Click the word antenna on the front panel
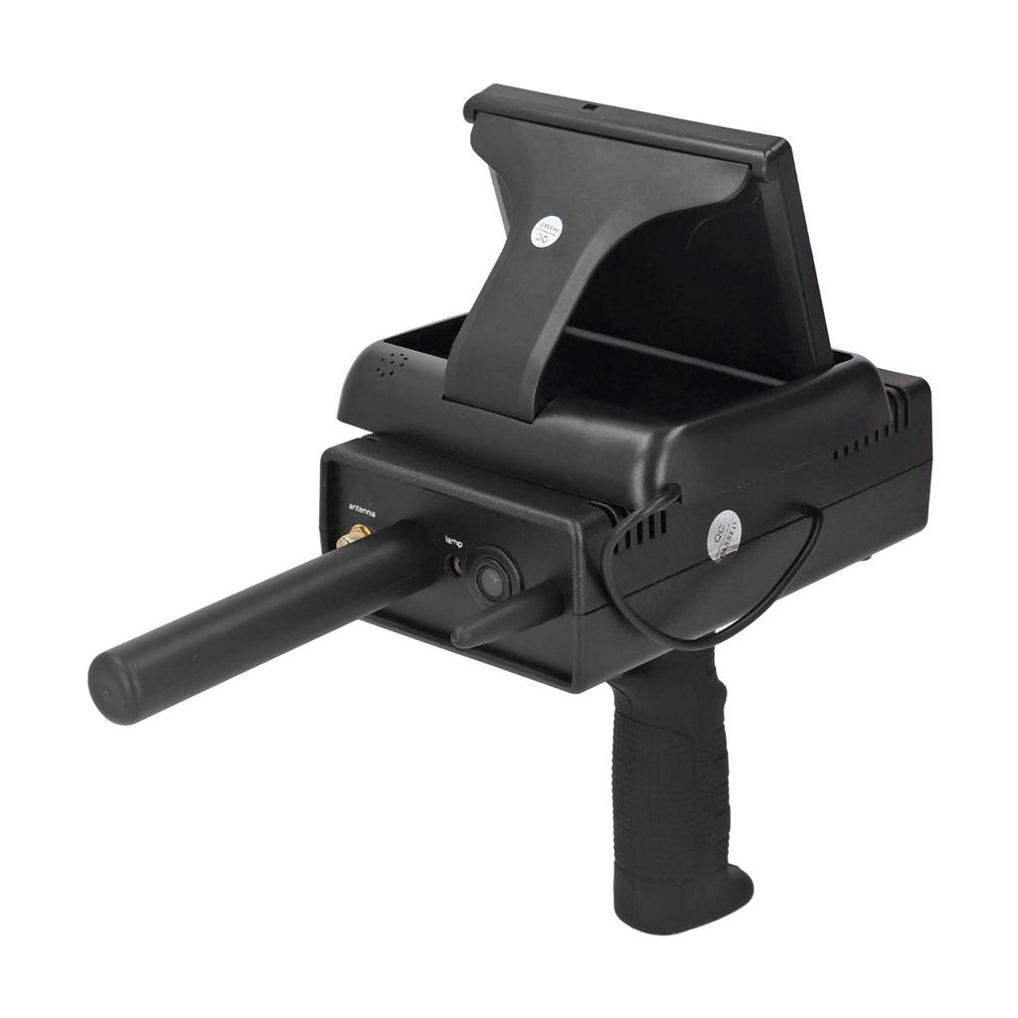click(x=361, y=510)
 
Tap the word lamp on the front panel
click(x=453, y=541)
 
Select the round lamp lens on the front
click(x=491, y=579)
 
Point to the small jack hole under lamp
click(x=457, y=565)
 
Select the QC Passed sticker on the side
click(x=723, y=538)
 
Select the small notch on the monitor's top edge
click(x=589, y=106)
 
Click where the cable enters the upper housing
click(x=672, y=492)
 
